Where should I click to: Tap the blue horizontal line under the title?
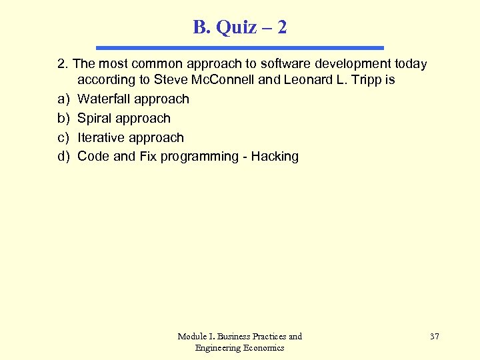point(240,48)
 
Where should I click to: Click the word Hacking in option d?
point(275,157)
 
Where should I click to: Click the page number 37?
point(435,337)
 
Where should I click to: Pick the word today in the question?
point(408,64)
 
